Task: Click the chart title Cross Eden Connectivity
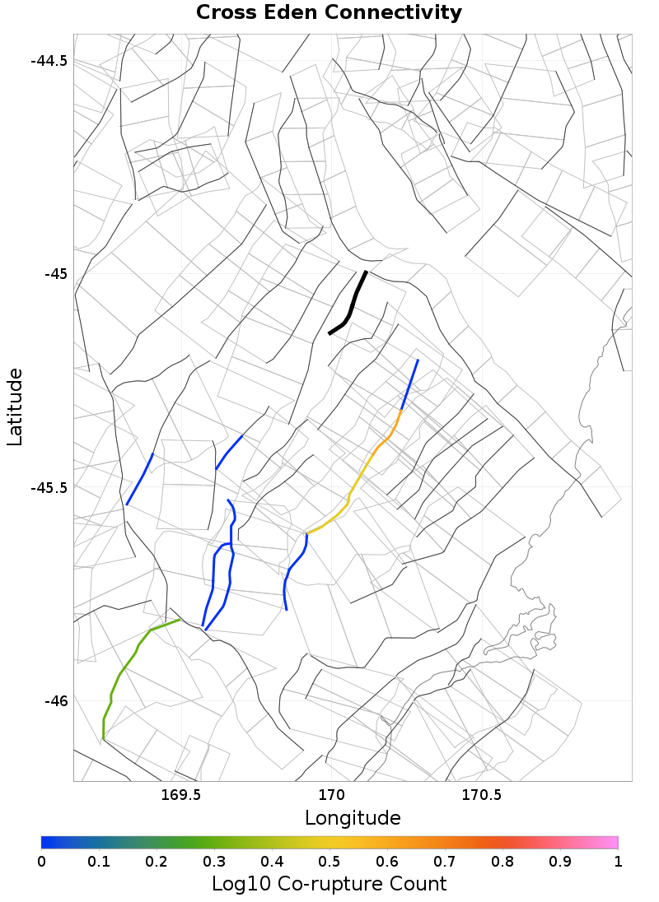[x=329, y=13]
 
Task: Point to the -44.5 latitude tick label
[x=50, y=61]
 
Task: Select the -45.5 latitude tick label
[x=50, y=487]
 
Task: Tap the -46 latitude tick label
[x=54, y=700]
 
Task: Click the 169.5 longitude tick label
[x=181, y=795]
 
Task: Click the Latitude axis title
[x=16, y=407]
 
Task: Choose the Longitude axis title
[x=353, y=817]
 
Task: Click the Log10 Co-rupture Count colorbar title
[x=329, y=884]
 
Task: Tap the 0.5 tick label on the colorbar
[x=329, y=861]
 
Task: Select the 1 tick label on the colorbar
[x=617, y=861]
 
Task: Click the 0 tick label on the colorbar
[x=42, y=861]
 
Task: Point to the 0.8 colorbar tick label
[x=502, y=861]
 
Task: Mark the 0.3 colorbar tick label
[x=214, y=861]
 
